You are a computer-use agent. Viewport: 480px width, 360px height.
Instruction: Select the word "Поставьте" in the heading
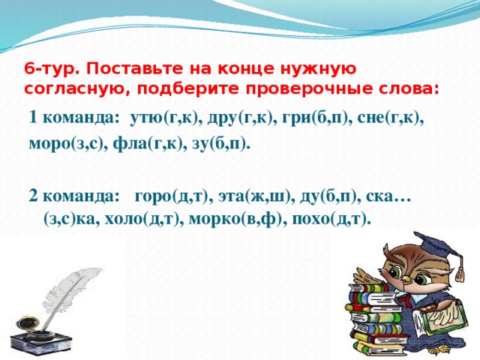pos(123,70)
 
